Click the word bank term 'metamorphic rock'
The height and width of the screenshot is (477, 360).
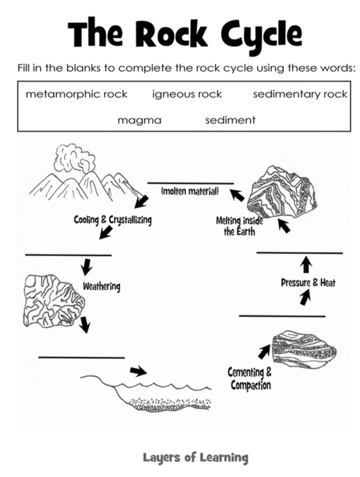tap(76, 94)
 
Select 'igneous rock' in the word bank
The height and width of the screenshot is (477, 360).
tap(187, 94)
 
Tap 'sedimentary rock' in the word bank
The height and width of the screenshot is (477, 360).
tap(300, 94)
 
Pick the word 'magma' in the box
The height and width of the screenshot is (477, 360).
tap(139, 121)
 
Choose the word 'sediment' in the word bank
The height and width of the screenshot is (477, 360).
tap(230, 120)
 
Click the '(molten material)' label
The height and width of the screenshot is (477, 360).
tap(190, 191)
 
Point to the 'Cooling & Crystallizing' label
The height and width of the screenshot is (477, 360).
tap(112, 219)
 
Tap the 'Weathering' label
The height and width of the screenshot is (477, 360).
tap(102, 286)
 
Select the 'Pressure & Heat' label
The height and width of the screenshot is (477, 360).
tap(308, 283)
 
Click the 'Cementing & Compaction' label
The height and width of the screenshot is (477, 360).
tap(250, 378)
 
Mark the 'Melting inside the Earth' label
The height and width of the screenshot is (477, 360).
tap(239, 226)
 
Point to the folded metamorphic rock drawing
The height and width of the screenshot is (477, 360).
tap(282, 192)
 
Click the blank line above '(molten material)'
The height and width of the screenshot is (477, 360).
tap(191, 183)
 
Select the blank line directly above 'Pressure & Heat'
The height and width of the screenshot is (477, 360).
tap(300, 253)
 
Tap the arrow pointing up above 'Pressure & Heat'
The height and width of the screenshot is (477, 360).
tap(306, 264)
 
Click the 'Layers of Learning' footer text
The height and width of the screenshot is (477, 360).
tap(196, 457)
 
